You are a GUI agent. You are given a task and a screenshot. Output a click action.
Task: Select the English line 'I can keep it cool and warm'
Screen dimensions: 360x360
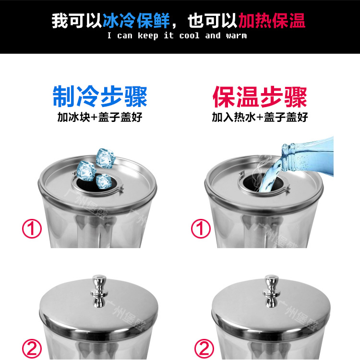(x=177, y=36)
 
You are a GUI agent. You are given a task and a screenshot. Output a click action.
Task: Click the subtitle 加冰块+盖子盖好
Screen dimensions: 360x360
(x=99, y=117)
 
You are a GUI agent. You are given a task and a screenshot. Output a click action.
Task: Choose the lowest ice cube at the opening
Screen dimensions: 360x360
(x=103, y=181)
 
